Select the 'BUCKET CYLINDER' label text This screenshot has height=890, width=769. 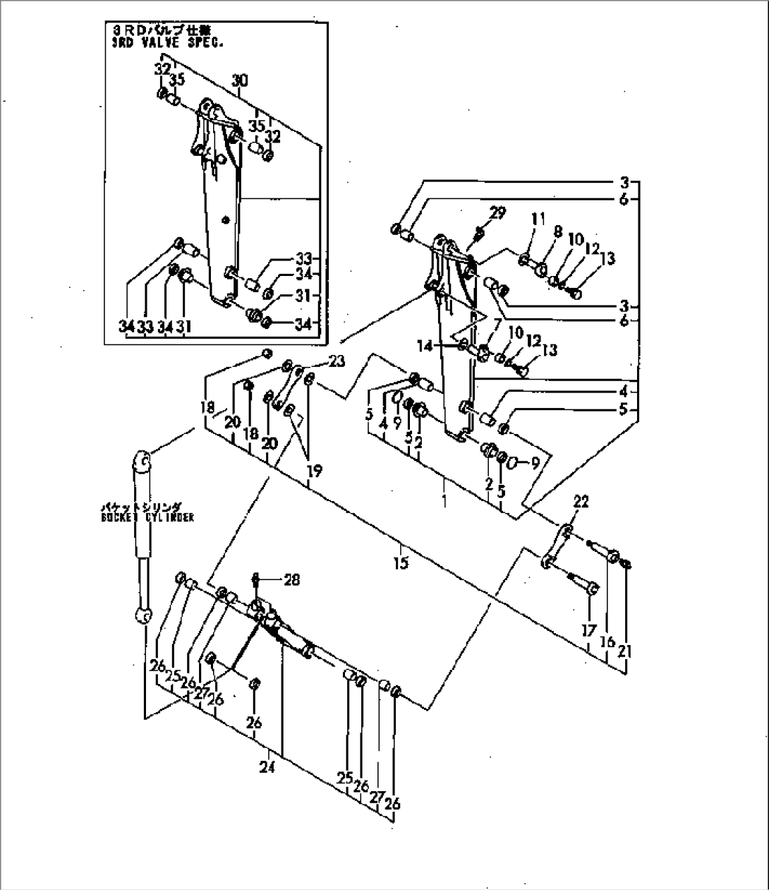point(147,517)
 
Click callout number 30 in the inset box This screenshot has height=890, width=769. point(240,81)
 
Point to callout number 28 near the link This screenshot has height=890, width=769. point(291,580)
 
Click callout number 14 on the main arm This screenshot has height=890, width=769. point(442,346)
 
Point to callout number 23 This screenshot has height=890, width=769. point(337,362)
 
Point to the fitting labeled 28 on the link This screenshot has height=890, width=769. point(256,581)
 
